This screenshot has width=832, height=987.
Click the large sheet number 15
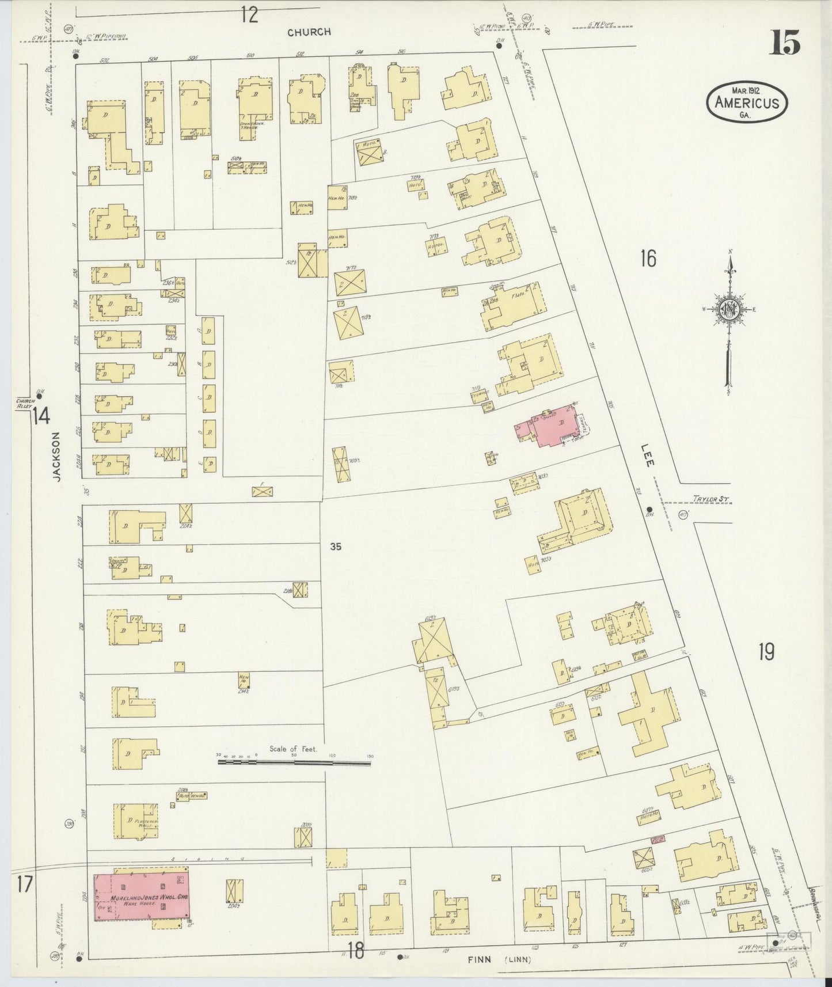[x=785, y=43]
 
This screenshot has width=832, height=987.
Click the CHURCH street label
[x=310, y=32]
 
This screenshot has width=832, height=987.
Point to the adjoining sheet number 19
[x=766, y=652]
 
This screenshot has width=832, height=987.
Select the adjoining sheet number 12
[x=249, y=15]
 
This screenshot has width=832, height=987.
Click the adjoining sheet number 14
[x=40, y=415]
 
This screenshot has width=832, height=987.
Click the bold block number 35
[x=336, y=546]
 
